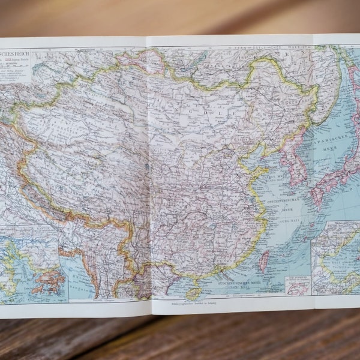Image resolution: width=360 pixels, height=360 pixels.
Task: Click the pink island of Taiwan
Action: click(263, 261)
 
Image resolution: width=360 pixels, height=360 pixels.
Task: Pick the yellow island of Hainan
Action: click(193, 293)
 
